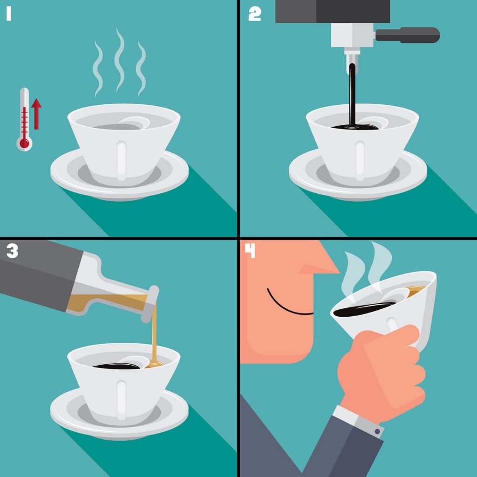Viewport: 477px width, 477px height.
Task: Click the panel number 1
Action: (9, 14)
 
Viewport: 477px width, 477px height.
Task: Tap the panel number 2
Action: (255, 14)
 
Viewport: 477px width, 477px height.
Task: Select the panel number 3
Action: (12, 252)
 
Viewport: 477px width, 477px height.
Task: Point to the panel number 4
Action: (250, 251)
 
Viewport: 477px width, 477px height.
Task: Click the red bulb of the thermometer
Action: (24, 143)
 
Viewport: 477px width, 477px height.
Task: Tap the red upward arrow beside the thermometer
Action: (36, 114)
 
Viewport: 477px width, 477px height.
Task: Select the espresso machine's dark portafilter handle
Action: (408, 35)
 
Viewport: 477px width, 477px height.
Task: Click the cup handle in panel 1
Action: (122, 161)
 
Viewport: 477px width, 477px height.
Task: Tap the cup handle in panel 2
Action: (360, 161)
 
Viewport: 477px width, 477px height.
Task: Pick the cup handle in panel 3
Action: (122, 400)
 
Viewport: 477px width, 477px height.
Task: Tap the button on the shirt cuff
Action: (377, 431)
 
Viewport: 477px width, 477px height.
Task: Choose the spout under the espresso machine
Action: (352, 62)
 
